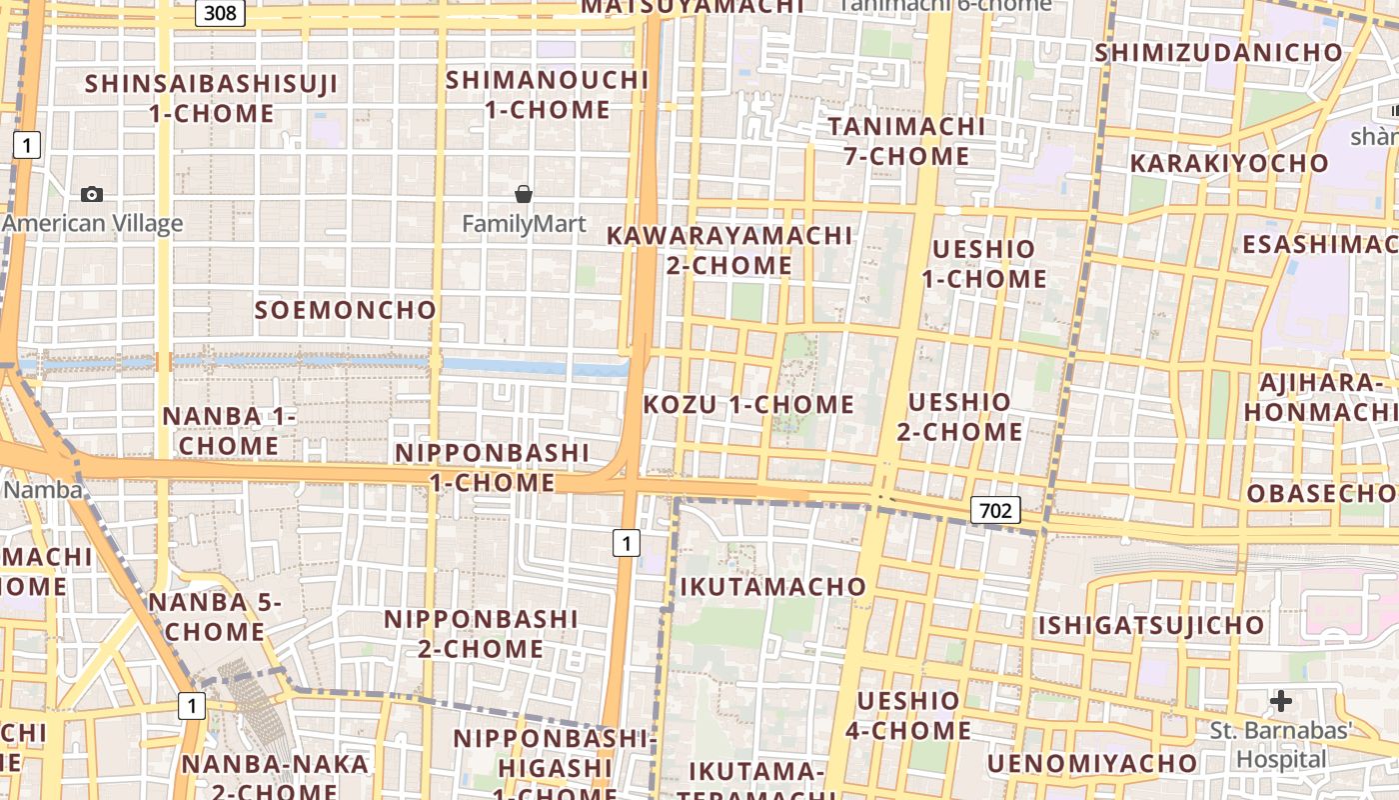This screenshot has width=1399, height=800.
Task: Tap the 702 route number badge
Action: tap(995, 511)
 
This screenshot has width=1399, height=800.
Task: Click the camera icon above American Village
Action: tap(92, 194)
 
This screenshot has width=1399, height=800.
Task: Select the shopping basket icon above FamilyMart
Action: tap(523, 193)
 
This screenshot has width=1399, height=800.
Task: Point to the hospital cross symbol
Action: tap(1281, 700)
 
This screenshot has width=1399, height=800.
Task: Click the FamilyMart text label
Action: tap(524, 224)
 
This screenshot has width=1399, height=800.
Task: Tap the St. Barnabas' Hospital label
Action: tap(1281, 745)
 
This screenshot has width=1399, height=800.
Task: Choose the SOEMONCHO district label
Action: tap(346, 310)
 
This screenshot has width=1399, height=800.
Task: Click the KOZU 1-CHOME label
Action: tap(748, 404)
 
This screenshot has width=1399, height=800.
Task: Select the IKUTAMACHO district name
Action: tap(772, 586)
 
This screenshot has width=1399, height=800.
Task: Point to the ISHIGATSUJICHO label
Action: tap(1151, 626)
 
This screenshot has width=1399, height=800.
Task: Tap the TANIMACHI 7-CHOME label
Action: tap(906, 141)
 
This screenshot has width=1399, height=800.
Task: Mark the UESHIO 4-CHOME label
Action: tap(908, 715)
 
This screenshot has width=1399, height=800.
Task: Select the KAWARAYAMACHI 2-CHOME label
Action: tap(729, 250)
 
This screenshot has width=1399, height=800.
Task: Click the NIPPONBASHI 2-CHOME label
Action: tap(481, 634)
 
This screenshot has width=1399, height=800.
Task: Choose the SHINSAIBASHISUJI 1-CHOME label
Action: tap(212, 98)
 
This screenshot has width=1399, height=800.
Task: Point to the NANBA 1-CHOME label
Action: tap(230, 430)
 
